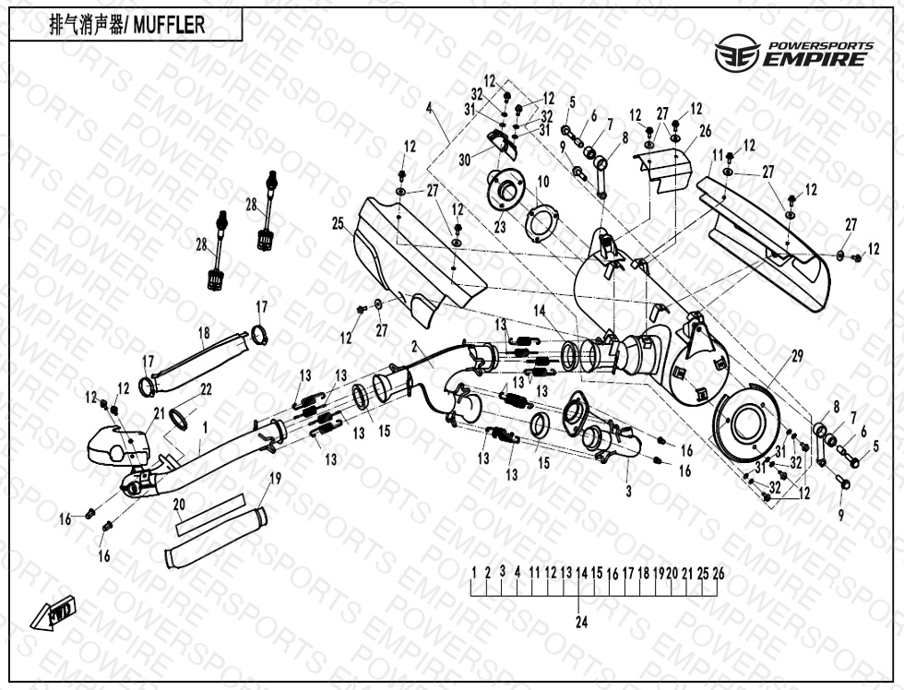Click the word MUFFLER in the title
(169, 25)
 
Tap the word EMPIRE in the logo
(815, 60)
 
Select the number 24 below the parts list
(581, 622)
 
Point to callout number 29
(797, 355)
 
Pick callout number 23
(500, 225)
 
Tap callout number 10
(542, 181)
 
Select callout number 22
(206, 389)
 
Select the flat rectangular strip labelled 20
(204, 518)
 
